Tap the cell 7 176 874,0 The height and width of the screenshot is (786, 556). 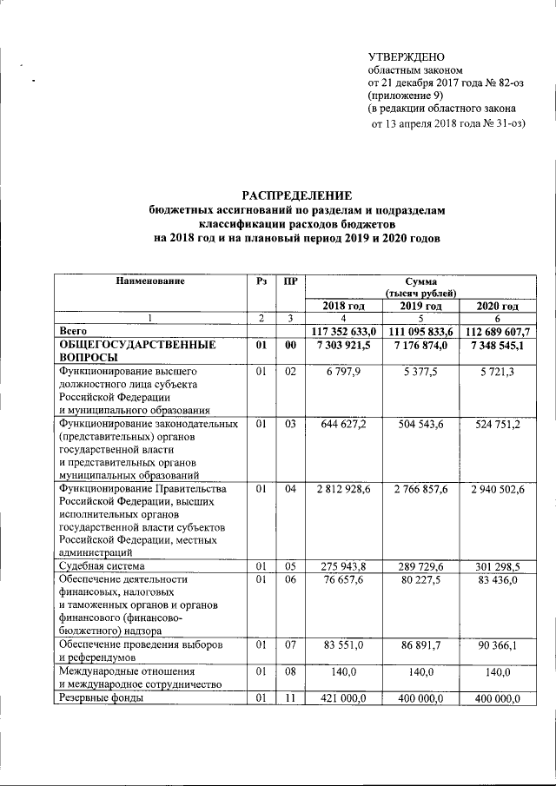coord(423,346)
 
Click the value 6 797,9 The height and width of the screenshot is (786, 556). coord(346,373)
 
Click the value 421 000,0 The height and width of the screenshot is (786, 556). coord(346,697)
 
